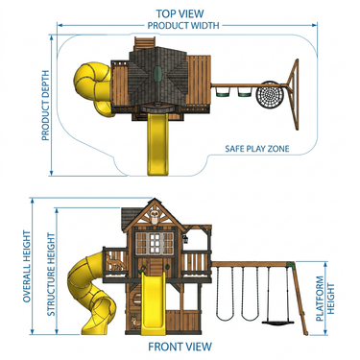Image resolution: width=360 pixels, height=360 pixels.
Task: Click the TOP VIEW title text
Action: click(x=180, y=13)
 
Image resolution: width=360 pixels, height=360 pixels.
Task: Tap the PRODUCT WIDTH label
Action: click(x=183, y=26)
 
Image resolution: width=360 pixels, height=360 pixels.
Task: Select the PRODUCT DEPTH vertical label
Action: click(x=46, y=106)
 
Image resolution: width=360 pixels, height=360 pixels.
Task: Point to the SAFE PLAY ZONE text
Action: click(x=257, y=149)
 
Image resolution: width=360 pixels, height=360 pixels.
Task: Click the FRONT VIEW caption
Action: click(x=180, y=347)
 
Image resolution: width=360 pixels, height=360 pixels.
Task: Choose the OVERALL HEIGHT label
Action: click(x=27, y=266)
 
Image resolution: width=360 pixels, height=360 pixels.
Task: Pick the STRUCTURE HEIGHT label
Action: click(x=51, y=275)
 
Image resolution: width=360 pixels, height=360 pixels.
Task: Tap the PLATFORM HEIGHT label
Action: click(x=325, y=299)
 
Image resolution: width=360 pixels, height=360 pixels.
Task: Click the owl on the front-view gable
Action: click(x=155, y=218)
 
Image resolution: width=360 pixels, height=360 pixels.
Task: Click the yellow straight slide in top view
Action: click(x=157, y=144)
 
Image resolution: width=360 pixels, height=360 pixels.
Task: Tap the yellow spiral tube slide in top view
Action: click(x=93, y=88)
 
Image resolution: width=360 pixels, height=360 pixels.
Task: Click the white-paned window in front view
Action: click(x=155, y=244)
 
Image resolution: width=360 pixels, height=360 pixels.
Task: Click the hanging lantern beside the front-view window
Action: click(x=185, y=239)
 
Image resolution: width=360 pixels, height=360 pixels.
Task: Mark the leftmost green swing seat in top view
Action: click(x=222, y=92)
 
